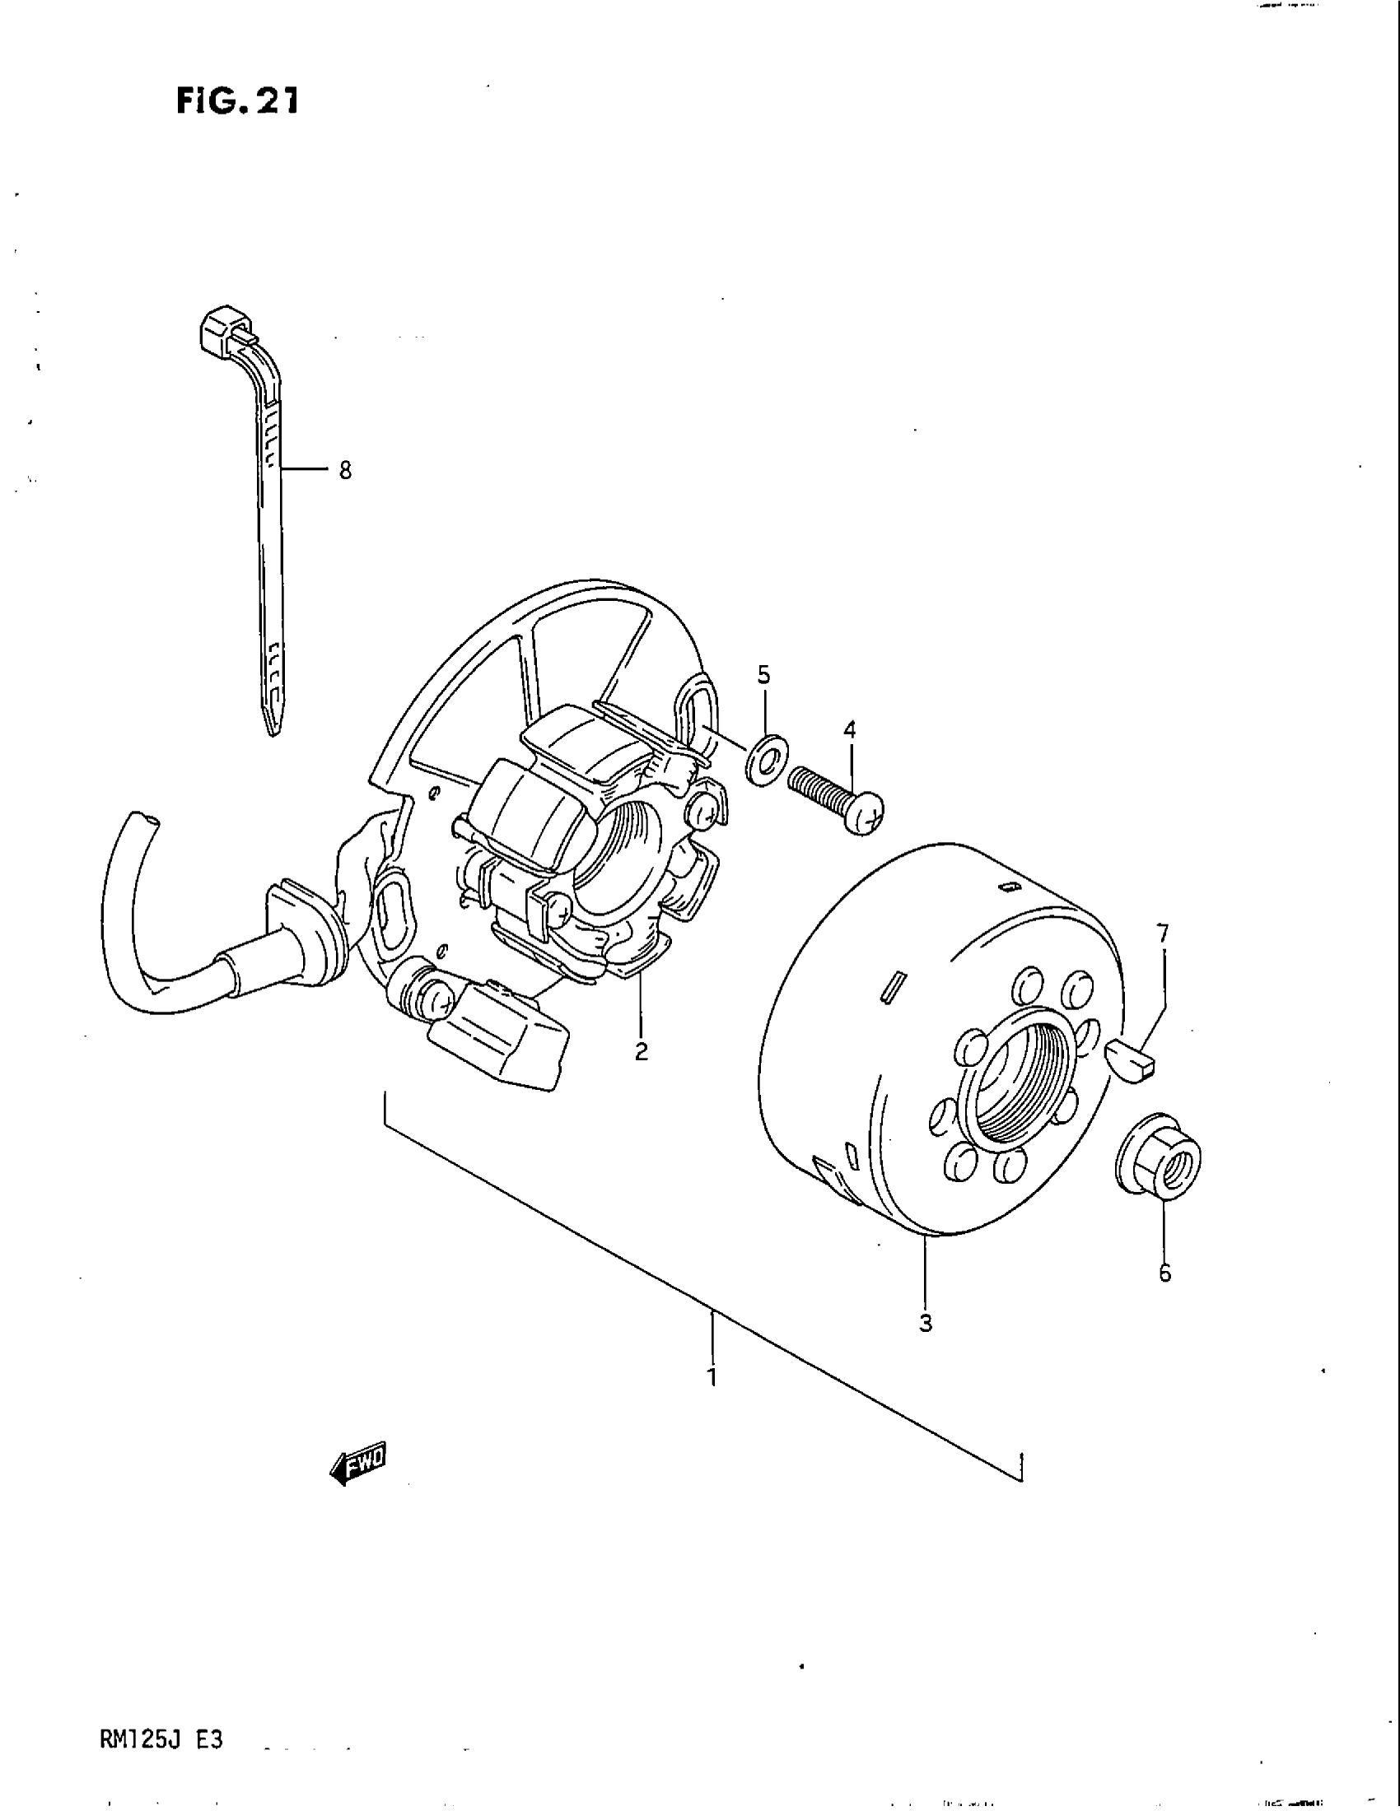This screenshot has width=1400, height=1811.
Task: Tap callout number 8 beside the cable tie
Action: pos(345,471)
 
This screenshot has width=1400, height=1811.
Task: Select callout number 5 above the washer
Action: pos(763,675)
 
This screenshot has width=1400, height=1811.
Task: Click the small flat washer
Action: pos(763,758)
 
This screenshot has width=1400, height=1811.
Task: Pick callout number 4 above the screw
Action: pos(849,730)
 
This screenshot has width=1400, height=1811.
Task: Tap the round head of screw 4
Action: pos(866,815)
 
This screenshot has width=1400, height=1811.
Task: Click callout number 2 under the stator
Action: pos(641,1051)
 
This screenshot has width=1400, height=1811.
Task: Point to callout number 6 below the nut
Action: pos(1164,1273)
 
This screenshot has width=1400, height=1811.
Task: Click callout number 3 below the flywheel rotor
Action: pos(926,1324)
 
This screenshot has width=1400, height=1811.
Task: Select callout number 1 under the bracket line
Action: pos(712,1377)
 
